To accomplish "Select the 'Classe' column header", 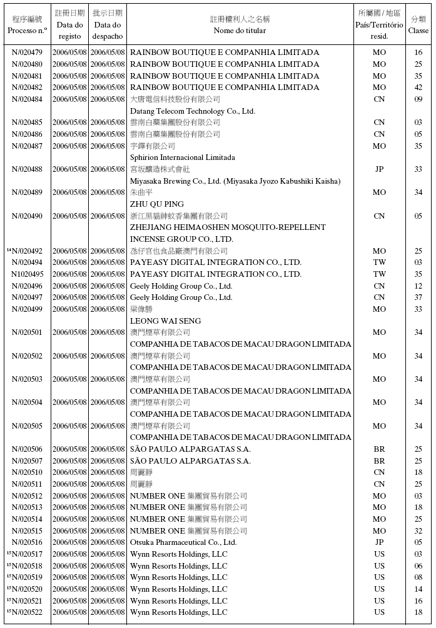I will click(418, 30).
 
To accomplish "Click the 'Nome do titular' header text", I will click(240, 30).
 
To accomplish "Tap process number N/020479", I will click(28, 52).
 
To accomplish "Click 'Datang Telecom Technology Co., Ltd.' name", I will click(192, 111).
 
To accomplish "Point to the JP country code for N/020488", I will click(379, 169).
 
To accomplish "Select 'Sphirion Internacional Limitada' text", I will click(183, 157).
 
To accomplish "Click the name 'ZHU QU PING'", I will click(157, 204).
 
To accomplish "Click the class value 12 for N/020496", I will click(418, 286).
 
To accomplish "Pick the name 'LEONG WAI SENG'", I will click(165, 321).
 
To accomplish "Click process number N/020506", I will click(28, 449).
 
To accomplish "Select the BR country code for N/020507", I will click(379, 461).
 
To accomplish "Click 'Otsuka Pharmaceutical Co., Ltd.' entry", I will click(183, 542).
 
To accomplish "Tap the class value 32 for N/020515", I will click(418, 531).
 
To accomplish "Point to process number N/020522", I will click(28, 612).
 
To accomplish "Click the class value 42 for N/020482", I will click(418, 87).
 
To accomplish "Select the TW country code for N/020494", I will click(379, 262).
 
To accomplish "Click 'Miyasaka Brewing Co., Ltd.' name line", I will click(235, 181).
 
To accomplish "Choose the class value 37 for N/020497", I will click(418, 297).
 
